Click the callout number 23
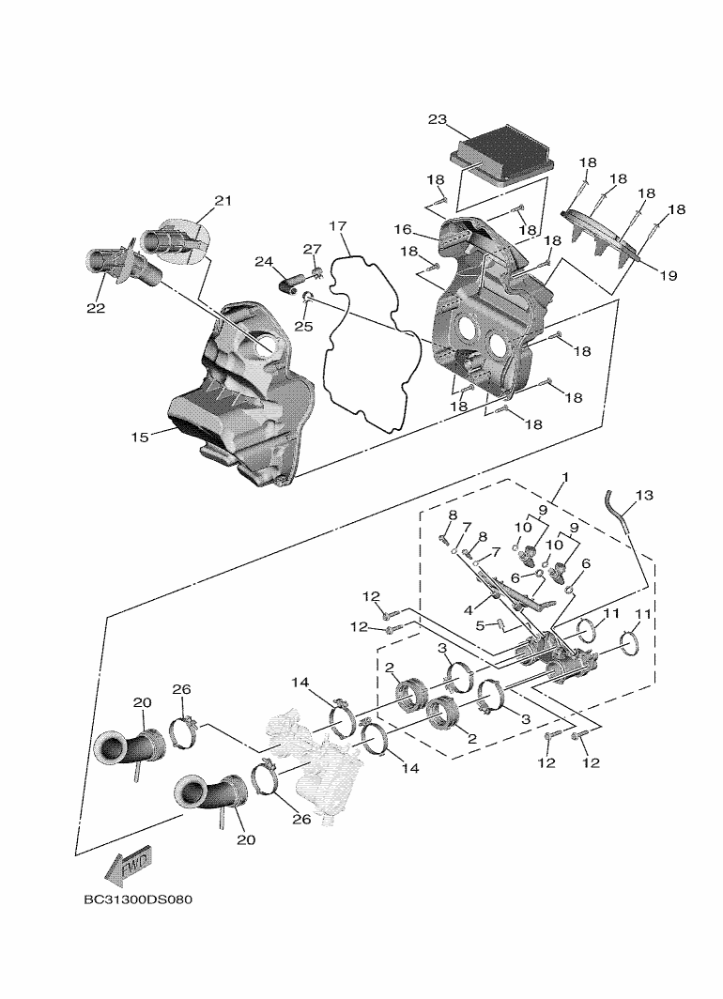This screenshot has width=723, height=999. click(x=438, y=119)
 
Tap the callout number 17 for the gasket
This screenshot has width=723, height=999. click(x=338, y=226)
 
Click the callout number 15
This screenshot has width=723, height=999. click(x=141, y=437)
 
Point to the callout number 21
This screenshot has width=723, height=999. click(x=222, y=200)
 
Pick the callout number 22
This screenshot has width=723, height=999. click(x=97, y=307)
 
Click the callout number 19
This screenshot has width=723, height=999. click(x=669, y=276)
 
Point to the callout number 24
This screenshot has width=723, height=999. click(x=263, y=261)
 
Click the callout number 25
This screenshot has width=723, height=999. click(x=302, y=326)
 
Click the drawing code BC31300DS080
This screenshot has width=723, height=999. click(x=138, y=899)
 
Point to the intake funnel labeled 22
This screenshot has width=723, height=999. click(x=110, y=267)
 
